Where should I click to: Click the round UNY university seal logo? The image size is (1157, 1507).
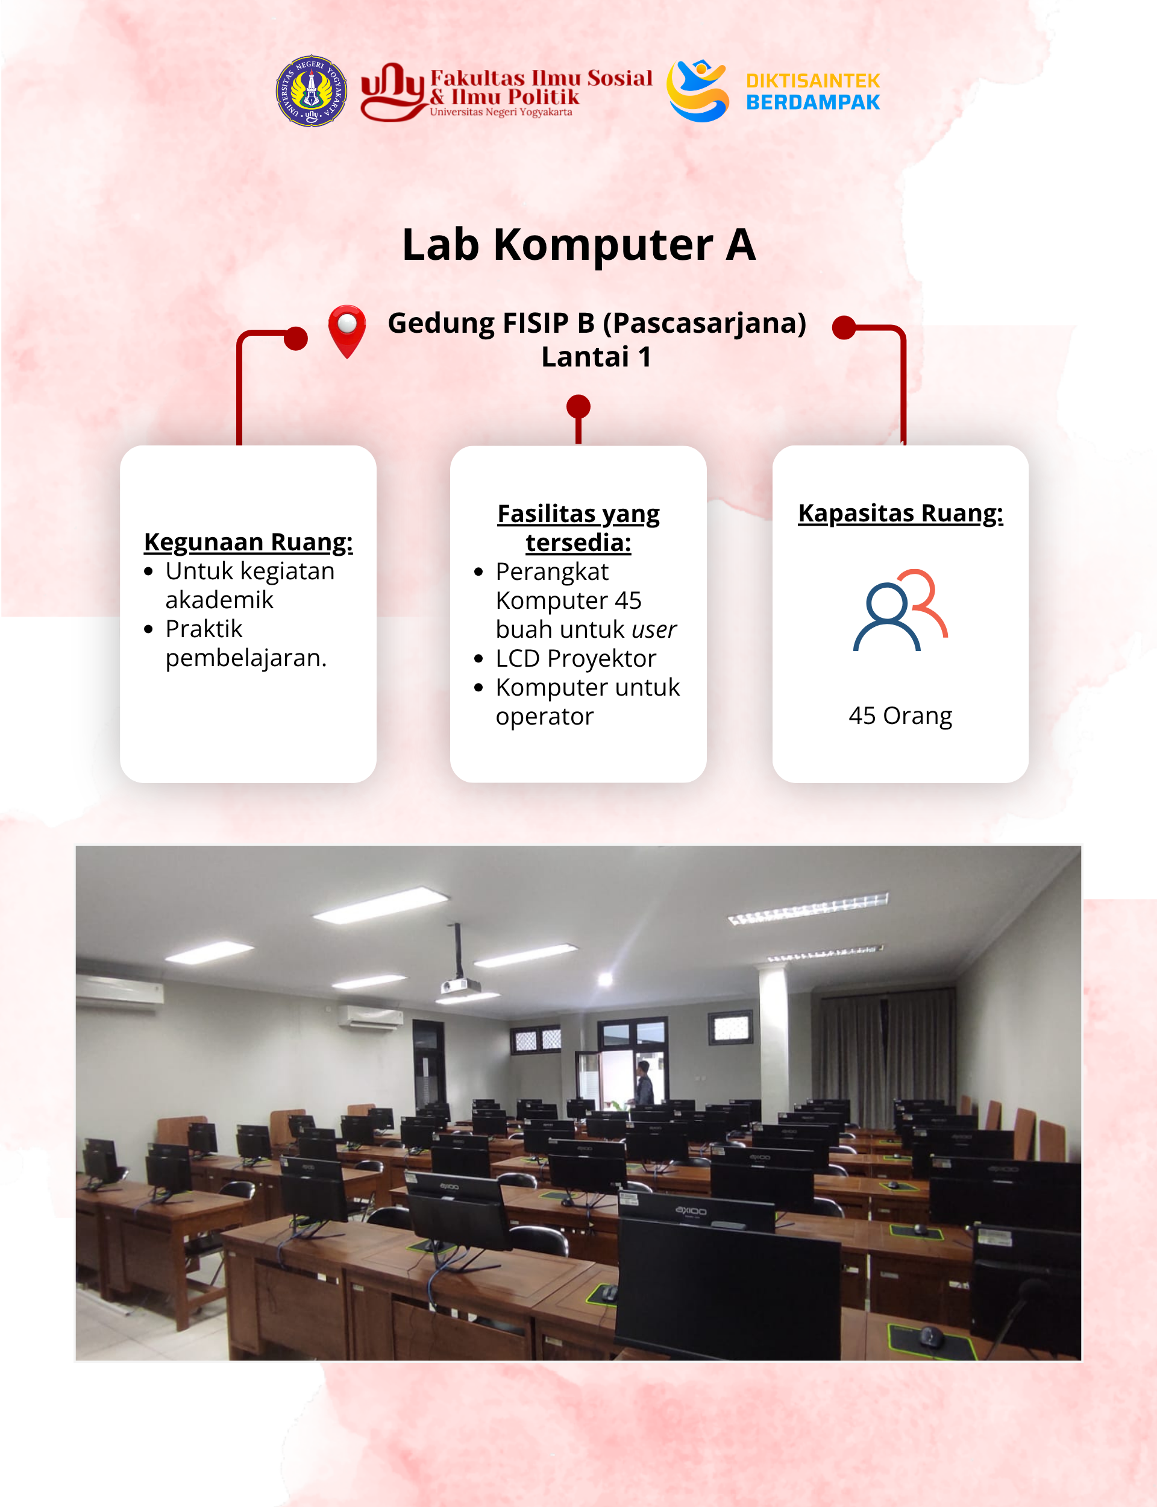click(312, 90)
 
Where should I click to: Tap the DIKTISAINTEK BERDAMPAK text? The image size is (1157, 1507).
click(813, 92)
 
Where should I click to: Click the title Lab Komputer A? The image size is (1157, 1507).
click(578, 245)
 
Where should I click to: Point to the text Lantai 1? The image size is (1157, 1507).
click(597, 357)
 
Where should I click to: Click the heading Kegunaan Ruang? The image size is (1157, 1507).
click(249, 542)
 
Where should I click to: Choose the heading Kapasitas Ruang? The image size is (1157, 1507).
click(901, 513)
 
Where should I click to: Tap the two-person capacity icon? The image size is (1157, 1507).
click(900, 610)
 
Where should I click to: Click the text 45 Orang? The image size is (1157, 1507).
click(901, 716)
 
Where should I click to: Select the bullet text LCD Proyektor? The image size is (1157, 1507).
click(575, 658)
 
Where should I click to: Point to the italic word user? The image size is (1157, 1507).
click(654, 629)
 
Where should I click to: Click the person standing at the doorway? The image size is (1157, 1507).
click(644, 1083)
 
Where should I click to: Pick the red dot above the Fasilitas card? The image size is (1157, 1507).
click(578, 406)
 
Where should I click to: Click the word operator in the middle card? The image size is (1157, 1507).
click(544, 717)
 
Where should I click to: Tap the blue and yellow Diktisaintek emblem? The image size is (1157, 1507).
click(698, 90)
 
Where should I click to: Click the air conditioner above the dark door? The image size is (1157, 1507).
click(371, 1016)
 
